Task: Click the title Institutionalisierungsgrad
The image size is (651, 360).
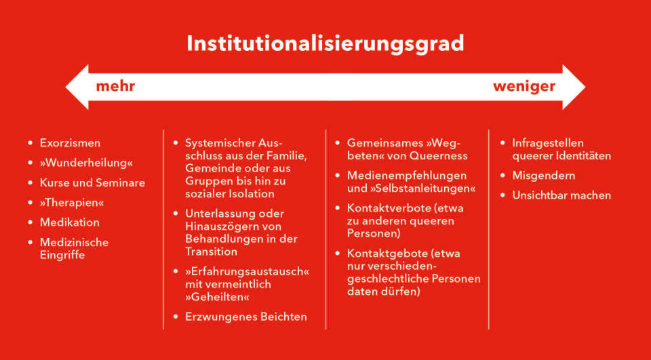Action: click(x=325, y=44)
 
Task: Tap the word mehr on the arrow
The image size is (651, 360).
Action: click(x=115, y=86)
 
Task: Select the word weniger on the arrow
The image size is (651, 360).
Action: click(x=524, y=87)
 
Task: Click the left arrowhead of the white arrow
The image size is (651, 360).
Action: click(x=77, y=87)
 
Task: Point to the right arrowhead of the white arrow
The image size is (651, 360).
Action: click(x=574, y=87)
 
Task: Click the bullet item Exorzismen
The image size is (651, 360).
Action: click(x=70, y=143)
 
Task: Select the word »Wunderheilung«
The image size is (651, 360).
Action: click(x=86, y=163)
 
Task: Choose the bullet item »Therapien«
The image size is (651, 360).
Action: click(x=72, y=203)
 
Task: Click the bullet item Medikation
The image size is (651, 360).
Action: click(x=69, y=222)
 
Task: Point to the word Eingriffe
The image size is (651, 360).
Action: click(x=62, y=255)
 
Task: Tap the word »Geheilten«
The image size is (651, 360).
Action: click(x=218, y=297)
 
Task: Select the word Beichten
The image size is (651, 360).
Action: click(x=283, y=317)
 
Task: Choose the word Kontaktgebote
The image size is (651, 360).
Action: click(x=387, y=254)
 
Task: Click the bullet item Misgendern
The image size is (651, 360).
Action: click(x=543, y=176)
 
